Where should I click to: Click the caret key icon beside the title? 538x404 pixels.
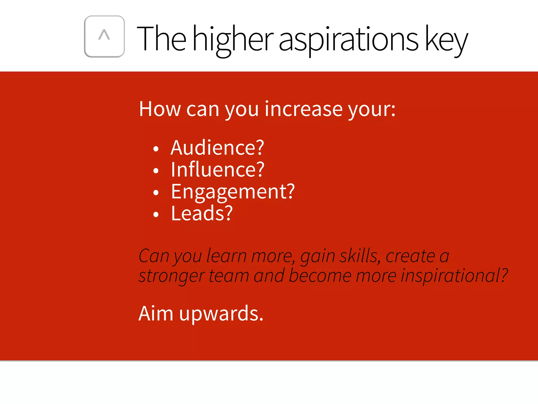tap(104, 36)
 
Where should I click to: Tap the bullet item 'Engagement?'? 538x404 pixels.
tap(233, 192)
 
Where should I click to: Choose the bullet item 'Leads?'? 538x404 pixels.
tap(202, 214)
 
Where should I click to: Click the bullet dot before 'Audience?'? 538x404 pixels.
tap(156, 149)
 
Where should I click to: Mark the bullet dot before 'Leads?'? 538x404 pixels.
tap(156, 215)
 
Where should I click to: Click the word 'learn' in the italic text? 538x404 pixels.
tap(226, 256)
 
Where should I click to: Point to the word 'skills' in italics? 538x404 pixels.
tap(360, 256)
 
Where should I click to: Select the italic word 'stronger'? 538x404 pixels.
tap(172, 276)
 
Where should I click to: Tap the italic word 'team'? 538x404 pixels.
tap(229, 276)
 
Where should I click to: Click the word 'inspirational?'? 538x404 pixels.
tap(454, 276)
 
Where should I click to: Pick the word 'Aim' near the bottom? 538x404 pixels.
tap(156, 314)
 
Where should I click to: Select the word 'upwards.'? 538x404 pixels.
tap(221, 314)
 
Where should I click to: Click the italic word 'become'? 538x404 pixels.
tap(320, 276)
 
